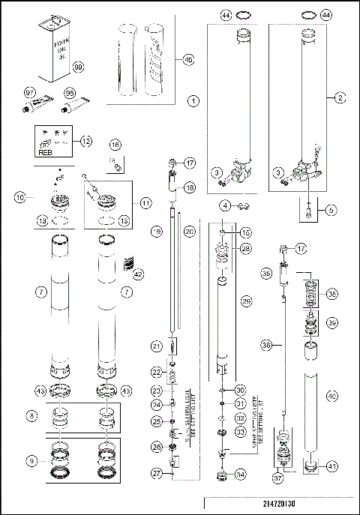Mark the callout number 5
[330, 211]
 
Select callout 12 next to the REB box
[86, 140]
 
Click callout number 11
[145, 202]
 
